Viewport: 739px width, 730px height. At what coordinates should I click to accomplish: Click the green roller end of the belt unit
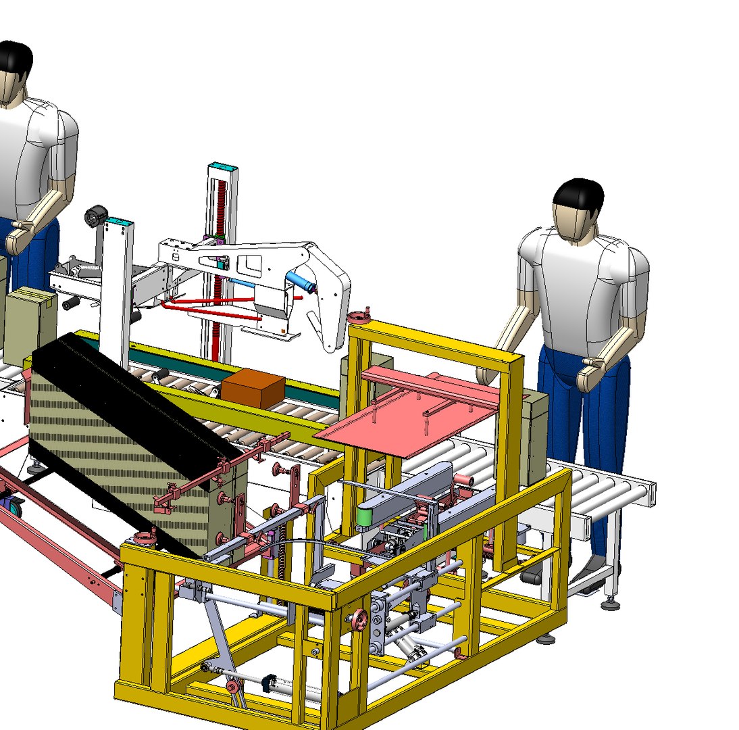(365, 518)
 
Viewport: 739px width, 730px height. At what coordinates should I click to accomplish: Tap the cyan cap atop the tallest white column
(223, 167)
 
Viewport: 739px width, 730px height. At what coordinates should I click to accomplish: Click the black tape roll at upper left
(95, 217)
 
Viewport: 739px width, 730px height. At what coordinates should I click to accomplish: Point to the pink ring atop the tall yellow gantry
(357, 316)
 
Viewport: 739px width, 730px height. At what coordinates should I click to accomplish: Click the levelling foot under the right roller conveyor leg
(611, 604)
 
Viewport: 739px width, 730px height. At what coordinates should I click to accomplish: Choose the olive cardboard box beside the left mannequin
(30, 324)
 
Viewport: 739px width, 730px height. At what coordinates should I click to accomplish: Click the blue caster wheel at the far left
(12, 505)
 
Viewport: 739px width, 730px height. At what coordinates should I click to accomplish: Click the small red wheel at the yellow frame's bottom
(233, 687)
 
